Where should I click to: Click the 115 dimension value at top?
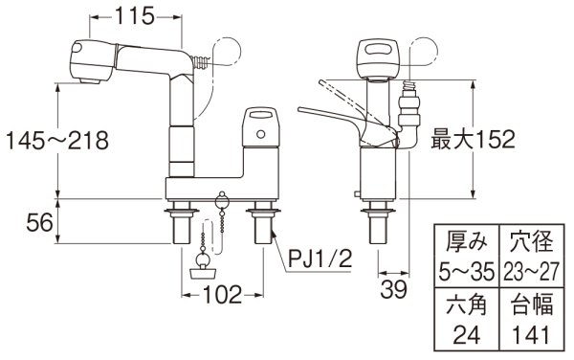point(133,15)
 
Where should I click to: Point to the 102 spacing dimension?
point(222,296)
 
